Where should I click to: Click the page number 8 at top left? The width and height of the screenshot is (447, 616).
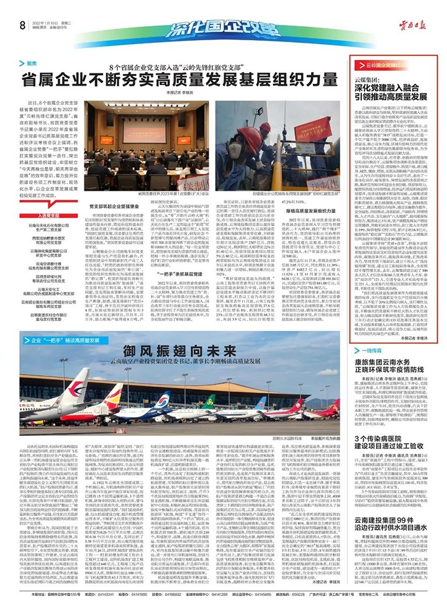pyautogui.click(x=22, y=25)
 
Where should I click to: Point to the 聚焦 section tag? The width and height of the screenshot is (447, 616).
pyautogui.click(x=32, y=63)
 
